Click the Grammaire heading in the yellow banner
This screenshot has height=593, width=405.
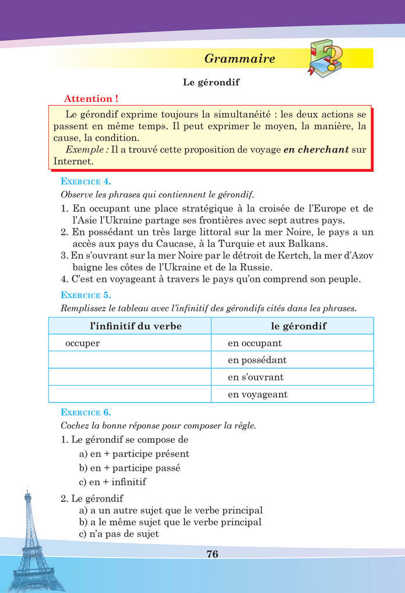240,59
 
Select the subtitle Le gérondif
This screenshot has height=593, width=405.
212,83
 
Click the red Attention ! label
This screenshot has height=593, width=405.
87,99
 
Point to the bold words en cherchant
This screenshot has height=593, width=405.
316,150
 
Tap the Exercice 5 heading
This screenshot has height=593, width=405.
86,295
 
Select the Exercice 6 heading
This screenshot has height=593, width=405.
86,412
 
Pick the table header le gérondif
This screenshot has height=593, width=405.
298,326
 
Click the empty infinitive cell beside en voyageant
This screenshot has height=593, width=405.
129,394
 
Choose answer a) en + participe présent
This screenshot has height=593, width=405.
133,453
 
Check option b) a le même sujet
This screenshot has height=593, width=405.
170,522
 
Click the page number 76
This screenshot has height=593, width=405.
212,554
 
